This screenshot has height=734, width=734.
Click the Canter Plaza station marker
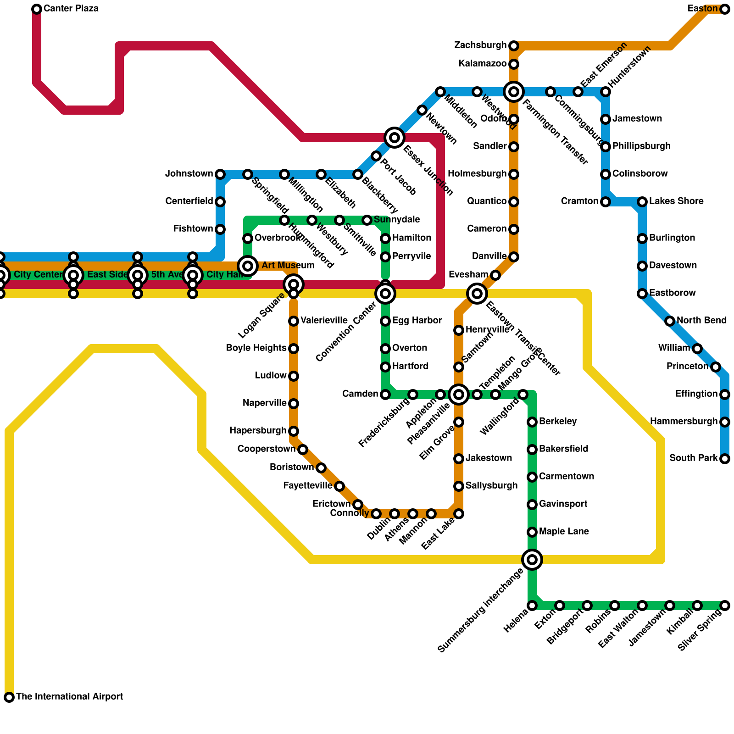tap(37, 9)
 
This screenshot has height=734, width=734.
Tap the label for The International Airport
tap(69, 697)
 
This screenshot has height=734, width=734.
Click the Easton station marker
tap(725, 9)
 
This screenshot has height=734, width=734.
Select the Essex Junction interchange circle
tap(395, 137)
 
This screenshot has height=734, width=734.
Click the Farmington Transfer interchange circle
tap(514, 92)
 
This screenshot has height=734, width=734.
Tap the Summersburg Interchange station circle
tap(532, 559)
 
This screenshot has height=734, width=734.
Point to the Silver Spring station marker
tap(725, 606)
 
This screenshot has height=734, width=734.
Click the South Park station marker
tap(725, 458)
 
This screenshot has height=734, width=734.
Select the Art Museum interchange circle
tap(248, 266)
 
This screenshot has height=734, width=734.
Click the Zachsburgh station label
tap(480, 45)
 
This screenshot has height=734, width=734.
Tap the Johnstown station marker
tap(220, 174)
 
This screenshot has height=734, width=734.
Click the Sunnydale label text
tap(397, 220)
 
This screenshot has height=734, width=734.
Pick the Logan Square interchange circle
tap(294, 284)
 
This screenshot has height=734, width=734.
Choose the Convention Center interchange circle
tap(385, 293)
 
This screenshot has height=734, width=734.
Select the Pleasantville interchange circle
tap(459, 394)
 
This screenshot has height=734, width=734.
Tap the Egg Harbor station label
tap(417, 321)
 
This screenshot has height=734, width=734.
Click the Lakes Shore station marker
tap(642, 201)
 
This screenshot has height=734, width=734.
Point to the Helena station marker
tap(532, 606)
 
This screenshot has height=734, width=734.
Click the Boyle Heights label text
tap(256, 348)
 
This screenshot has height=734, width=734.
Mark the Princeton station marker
tap(716, 367)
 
